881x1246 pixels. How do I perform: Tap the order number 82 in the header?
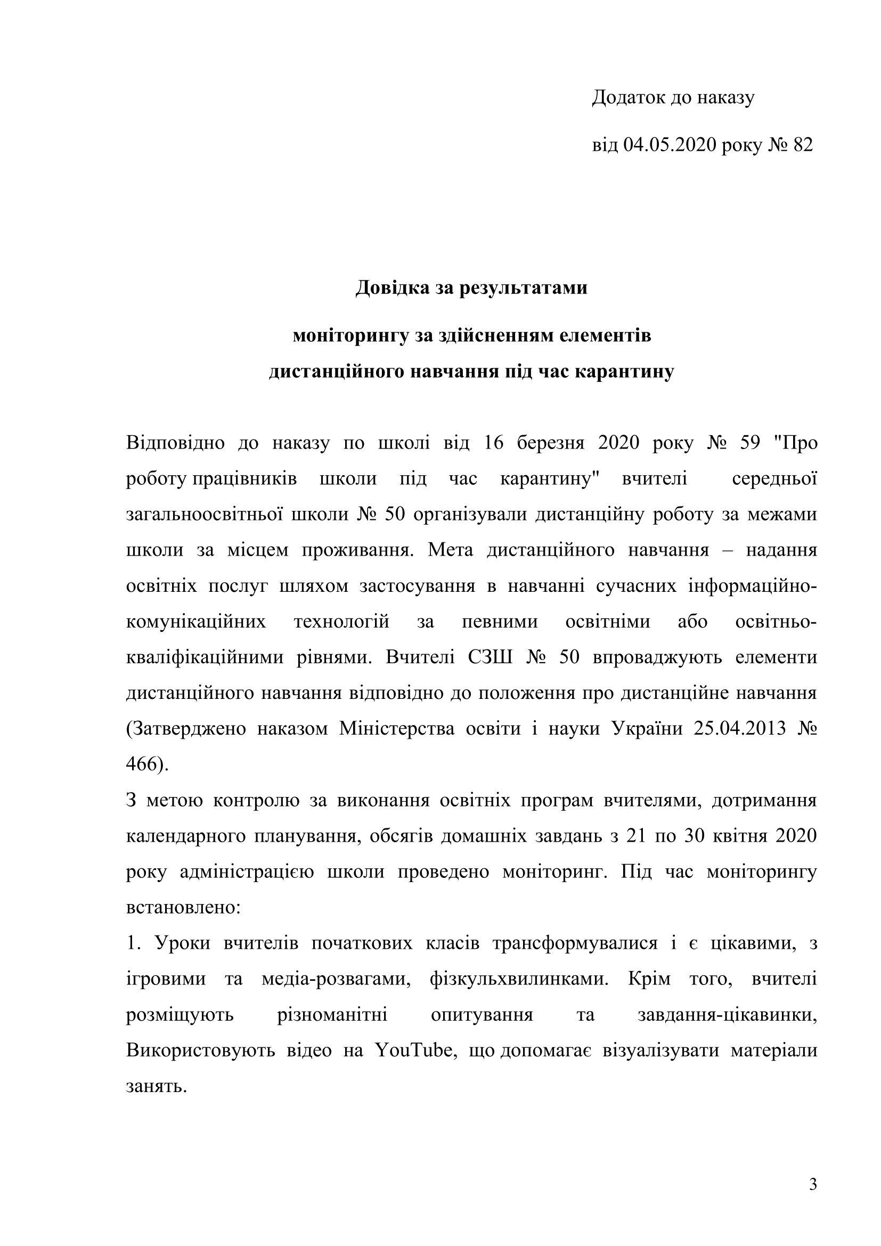coord(803,145)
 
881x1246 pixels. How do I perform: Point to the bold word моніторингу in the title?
coord(350,336)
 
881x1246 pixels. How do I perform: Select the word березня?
coord(551,443)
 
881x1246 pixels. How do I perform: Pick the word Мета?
coord(450,550)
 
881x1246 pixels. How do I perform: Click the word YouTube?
coord(413,1050)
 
